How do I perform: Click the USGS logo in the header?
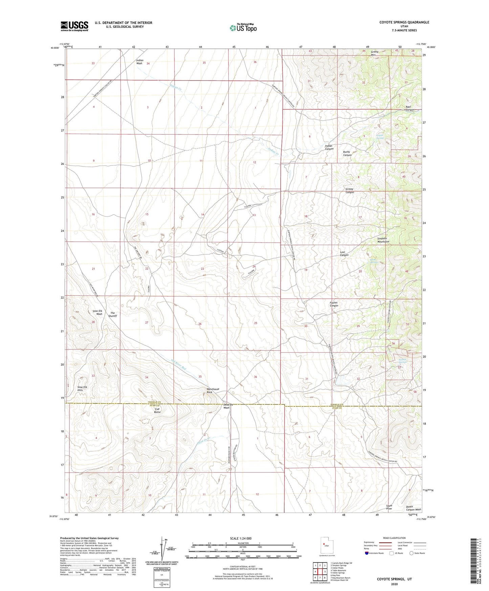(74, 26)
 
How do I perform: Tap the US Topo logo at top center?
(243, 28)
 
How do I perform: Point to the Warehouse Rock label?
(213, 390)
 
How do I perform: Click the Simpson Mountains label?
(383, 240)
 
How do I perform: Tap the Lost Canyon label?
(344, 254)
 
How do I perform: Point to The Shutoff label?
(113, 314)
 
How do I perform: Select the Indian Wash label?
(140, 62)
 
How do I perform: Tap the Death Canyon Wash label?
(413, 508)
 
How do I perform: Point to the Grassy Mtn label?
(374, 53)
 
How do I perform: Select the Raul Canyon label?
(410, 108)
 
